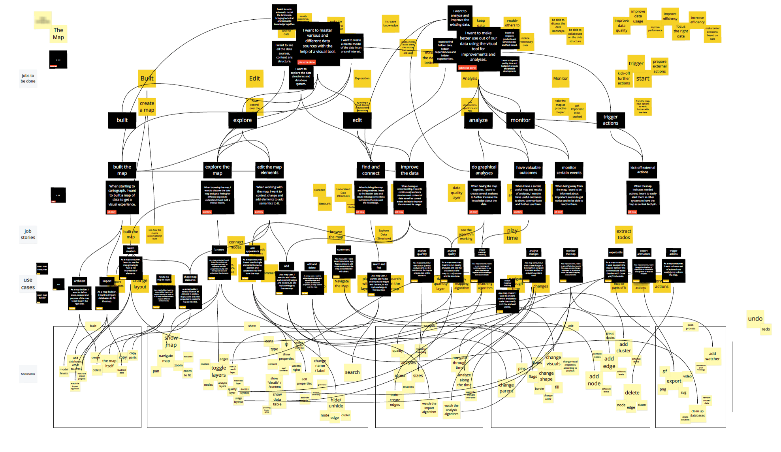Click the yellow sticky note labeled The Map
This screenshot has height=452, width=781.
click(x=58, y=34)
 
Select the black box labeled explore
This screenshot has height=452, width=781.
click(x=242, y=120)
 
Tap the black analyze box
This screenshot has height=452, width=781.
click(x=478, y=120)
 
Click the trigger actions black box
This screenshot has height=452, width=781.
click(x=610, y=120)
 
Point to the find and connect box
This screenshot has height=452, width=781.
click(x=371, y=170)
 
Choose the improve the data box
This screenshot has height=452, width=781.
click(x=409, y=170)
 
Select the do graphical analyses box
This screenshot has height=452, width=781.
click(x=484, y=170)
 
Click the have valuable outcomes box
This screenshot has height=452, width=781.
click(x=528, y=170)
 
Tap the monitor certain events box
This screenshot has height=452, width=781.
click(x=569, y=170)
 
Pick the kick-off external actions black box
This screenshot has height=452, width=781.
click(x=642, y=170)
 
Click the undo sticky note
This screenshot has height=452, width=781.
click(x=755, y=319)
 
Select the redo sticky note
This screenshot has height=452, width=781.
click(x=766, y=329)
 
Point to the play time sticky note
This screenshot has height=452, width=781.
click(x=512, y=234)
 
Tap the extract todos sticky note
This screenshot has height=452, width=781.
click(x=624, y=234)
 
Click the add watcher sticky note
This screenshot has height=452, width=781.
click(x=712, y=356)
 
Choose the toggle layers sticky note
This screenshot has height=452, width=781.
click(x=218, y=371)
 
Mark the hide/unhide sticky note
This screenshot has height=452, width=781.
click(x=336, y=403)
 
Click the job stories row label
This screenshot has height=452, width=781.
click(x=28, y=234)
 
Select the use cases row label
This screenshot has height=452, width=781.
click(x=28, y=283)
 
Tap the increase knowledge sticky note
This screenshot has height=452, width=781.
click(x=390, y=24)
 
